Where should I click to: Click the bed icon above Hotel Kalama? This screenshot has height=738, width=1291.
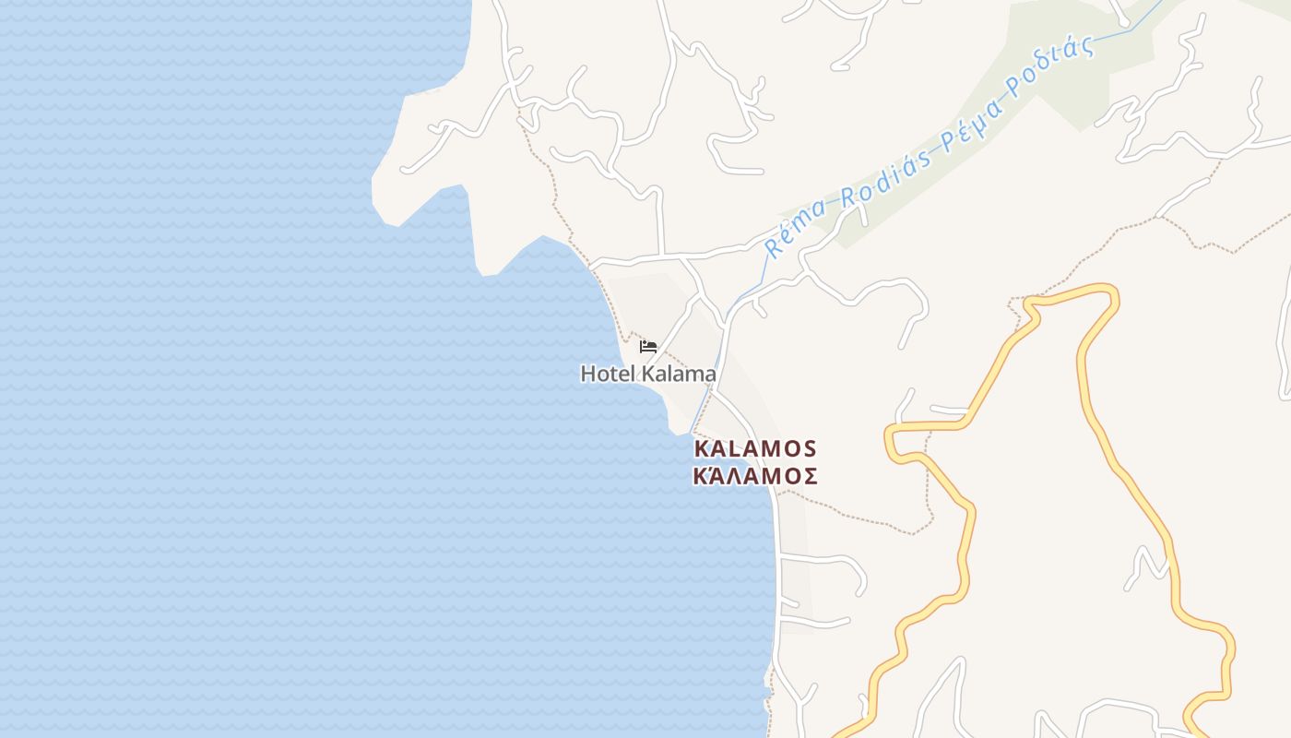(x=648, y=347)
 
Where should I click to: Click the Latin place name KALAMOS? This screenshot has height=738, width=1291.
(x=755, y=448)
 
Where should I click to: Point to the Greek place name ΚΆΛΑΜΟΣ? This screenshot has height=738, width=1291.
(x=755, y=476)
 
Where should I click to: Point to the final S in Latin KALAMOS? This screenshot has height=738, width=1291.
(x=809, y=448)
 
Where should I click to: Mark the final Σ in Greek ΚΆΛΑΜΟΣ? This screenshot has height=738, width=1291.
(x=809, y=476)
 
